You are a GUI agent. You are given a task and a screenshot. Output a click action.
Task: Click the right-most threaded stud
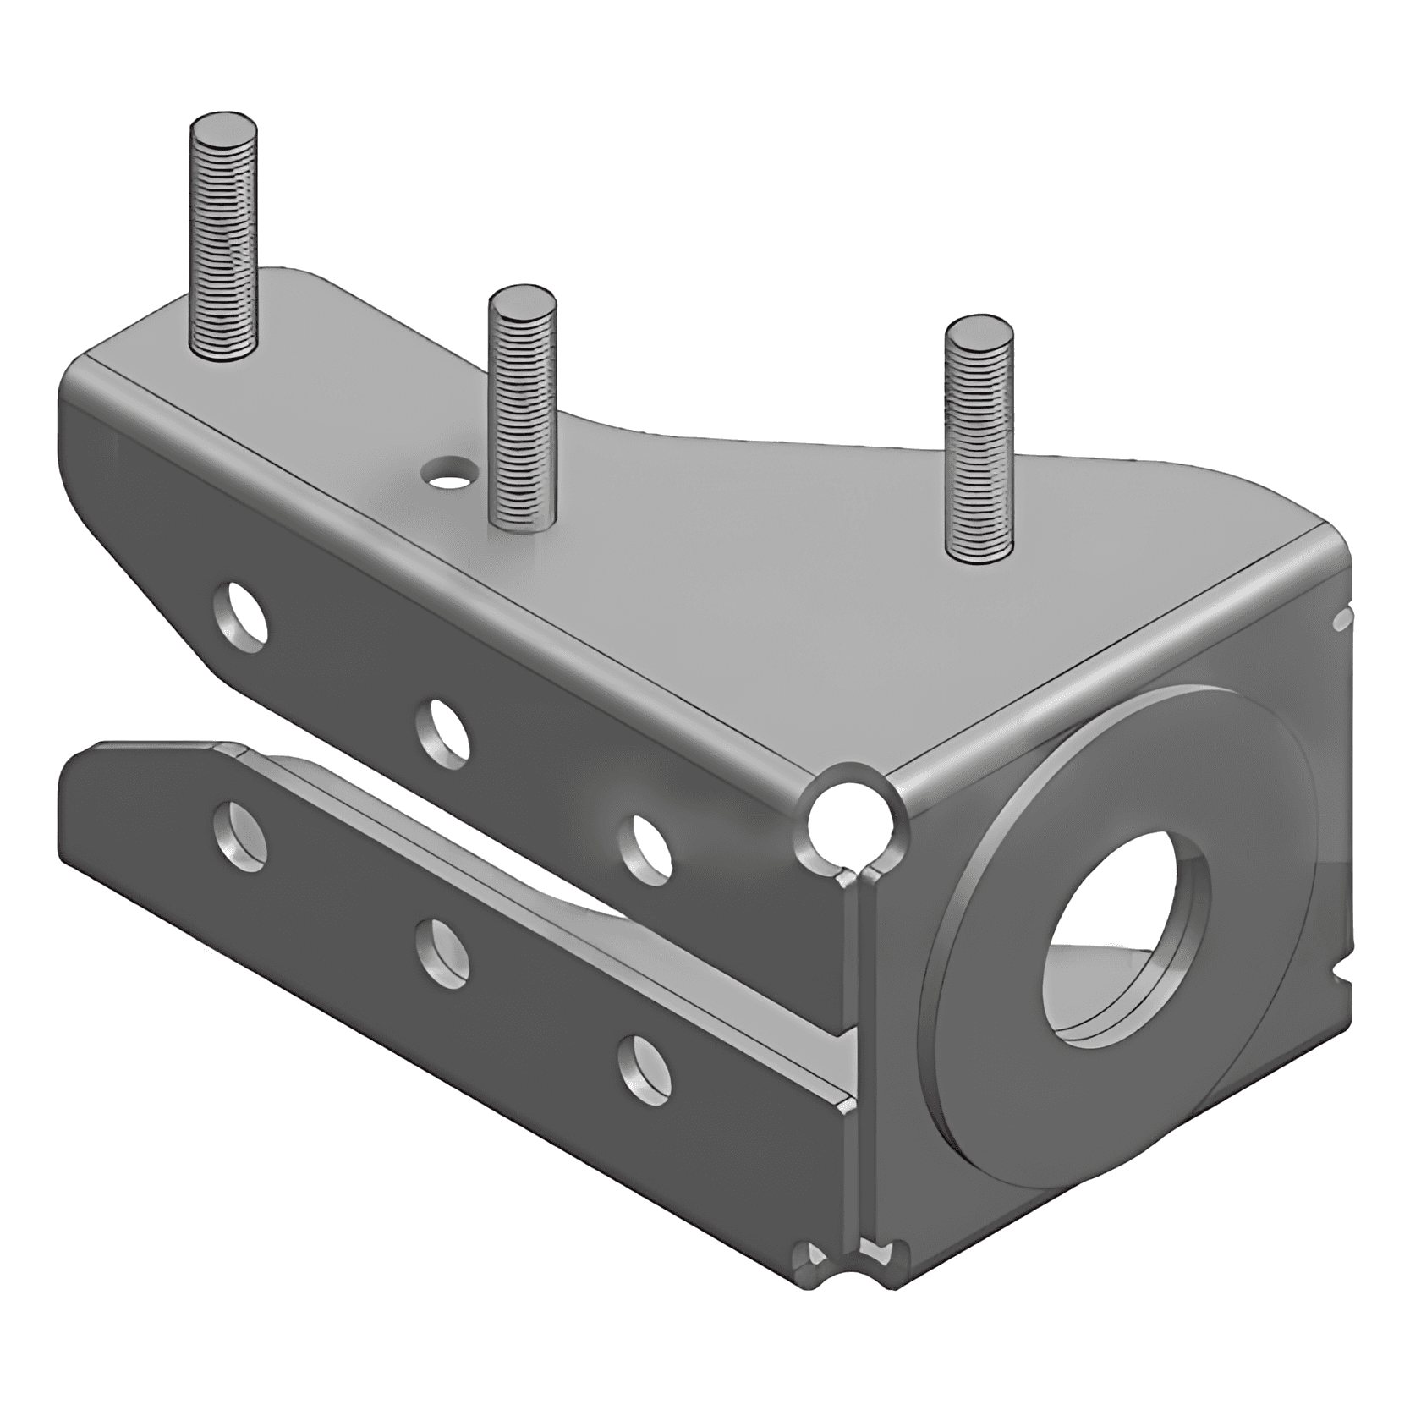[979, 448]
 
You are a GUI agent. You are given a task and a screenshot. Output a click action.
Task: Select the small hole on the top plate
[448, 470]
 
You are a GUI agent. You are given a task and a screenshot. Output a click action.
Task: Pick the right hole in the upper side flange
[645, 848]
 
